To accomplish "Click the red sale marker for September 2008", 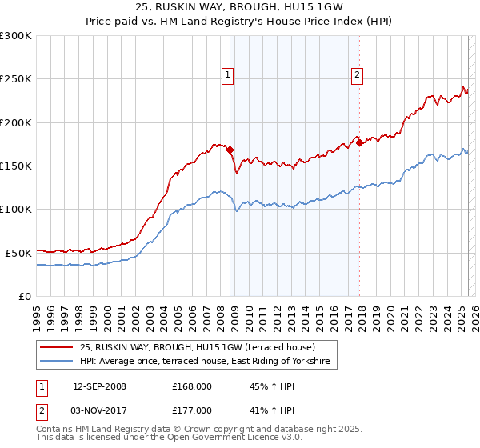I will [230, 150].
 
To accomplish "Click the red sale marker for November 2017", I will [360, 142].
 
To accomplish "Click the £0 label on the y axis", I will [24, 296].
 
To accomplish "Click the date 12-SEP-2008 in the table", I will [99, 386].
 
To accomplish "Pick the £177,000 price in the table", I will [191, 410].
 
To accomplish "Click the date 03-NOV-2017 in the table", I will [99, 410].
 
